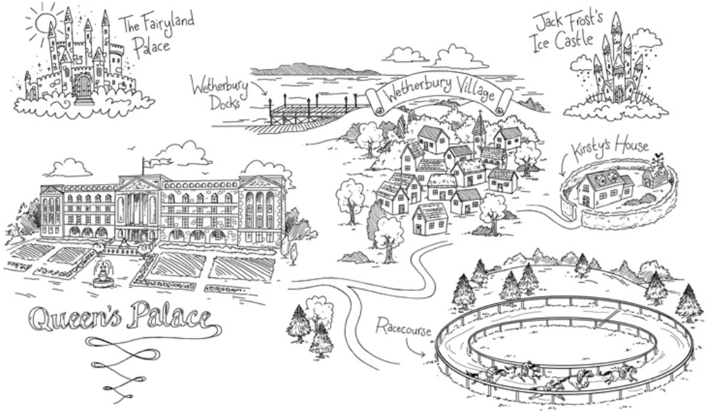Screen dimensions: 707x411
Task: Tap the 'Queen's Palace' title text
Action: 118,319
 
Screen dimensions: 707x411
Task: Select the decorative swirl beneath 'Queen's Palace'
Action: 124,365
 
